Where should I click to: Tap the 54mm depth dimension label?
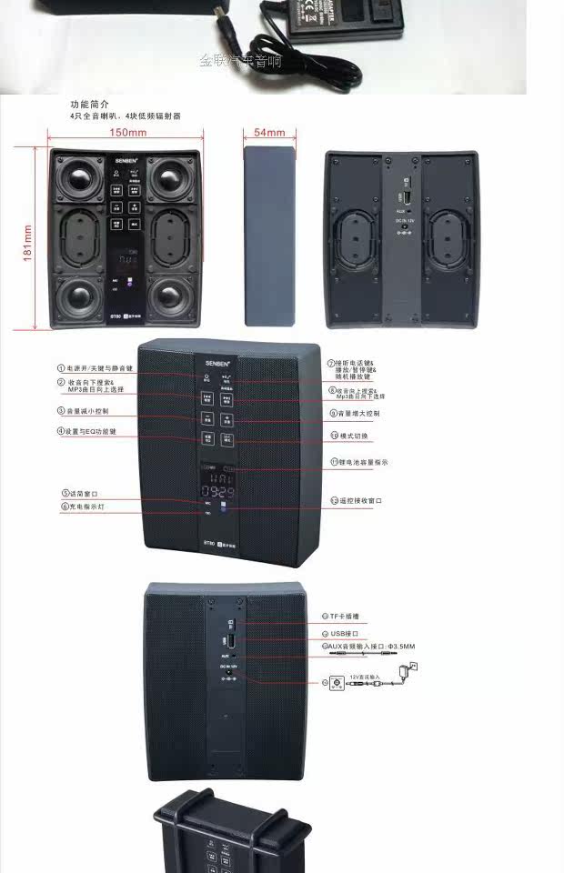pyautogui.click(x=269, y=133)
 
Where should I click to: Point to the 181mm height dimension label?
pyautogui.click(x=28, y=243)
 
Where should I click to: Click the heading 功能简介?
pyautogui.click(x=90, y=105)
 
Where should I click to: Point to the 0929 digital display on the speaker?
pyautogui.click(x=218, y=491)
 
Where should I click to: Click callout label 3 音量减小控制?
pyautogui.click(x=86, y=411)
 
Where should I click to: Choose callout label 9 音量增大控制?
pyautogui.click(x=356, y=414)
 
